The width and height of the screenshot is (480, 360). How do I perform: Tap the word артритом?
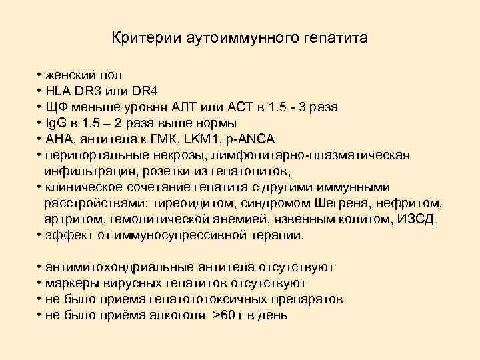pyautogui.click(x=68, y=219)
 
